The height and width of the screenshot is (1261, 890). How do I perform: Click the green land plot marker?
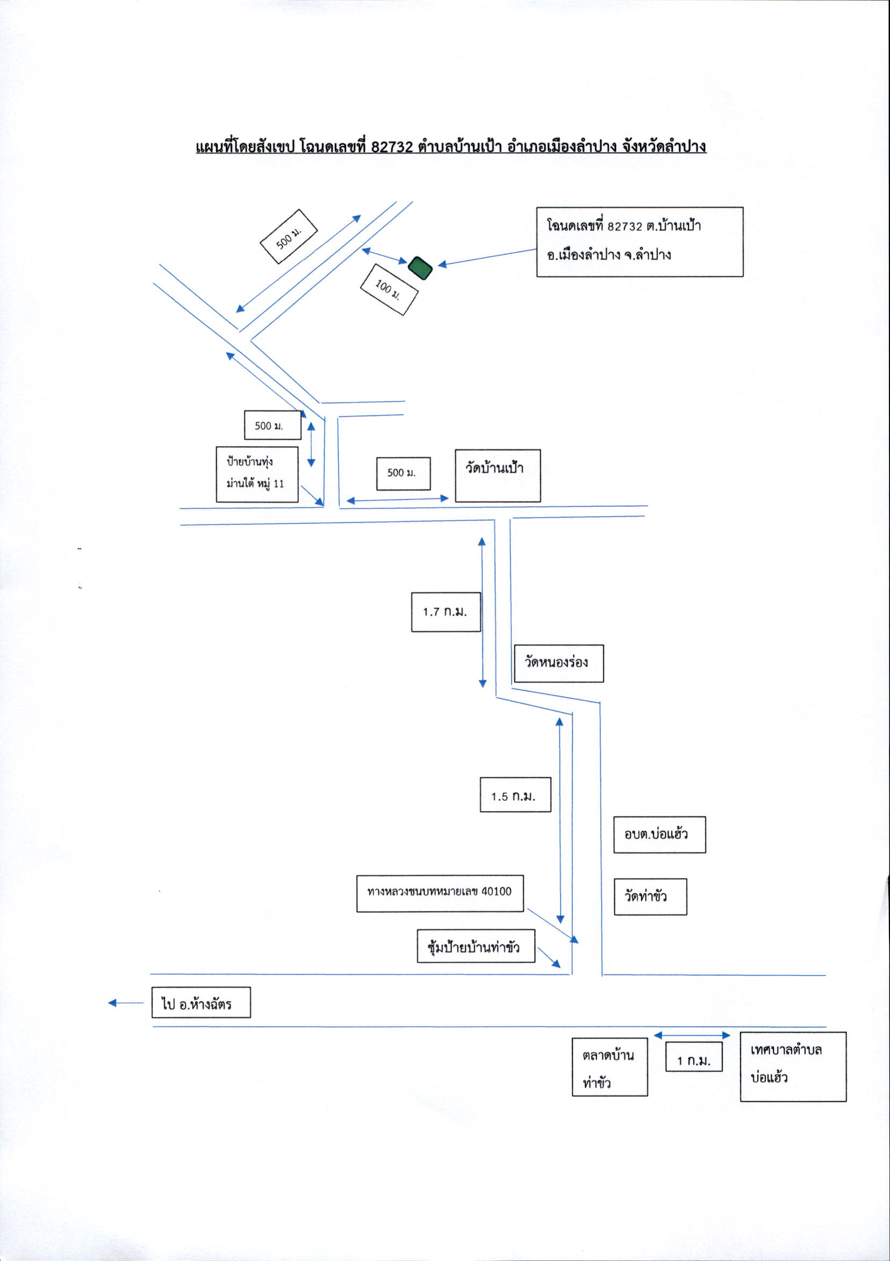pos(421,268)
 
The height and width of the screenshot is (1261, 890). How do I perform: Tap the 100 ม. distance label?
pos(389,289)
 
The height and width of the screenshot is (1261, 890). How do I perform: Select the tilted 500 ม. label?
pos(289,237)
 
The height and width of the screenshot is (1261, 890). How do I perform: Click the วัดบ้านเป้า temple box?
pos(498,476)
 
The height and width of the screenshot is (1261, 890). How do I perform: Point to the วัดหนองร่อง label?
pos(558,663)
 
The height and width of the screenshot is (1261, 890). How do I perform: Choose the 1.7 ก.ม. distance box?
pos(446,612)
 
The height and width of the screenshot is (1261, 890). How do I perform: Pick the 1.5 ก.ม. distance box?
pos(515,795)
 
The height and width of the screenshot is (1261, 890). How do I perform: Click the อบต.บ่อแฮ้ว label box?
pos(659,835)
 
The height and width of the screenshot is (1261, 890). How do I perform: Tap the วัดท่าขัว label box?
pos(650,897)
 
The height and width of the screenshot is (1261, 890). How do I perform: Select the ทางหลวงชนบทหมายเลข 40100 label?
pos(440,893)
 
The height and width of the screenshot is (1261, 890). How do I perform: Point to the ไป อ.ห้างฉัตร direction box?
pos(201,1002)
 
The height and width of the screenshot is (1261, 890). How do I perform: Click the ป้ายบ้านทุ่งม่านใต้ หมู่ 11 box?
pos(257,474)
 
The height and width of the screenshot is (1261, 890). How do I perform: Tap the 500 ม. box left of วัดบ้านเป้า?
pos(403,474)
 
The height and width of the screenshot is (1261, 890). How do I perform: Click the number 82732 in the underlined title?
pos(391,147)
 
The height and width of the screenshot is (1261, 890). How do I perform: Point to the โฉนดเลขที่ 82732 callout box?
pos(640,242)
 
